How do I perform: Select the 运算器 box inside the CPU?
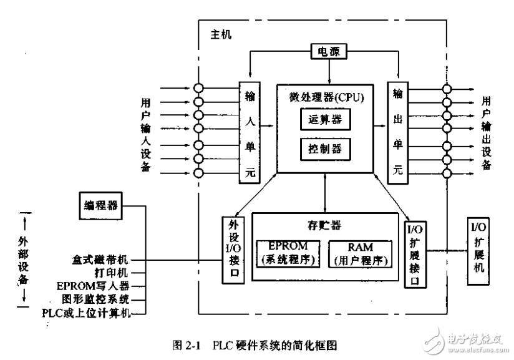325,119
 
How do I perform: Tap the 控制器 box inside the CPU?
325,149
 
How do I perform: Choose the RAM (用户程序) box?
361,253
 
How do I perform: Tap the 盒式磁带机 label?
101,258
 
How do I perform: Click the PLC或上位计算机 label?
86,313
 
